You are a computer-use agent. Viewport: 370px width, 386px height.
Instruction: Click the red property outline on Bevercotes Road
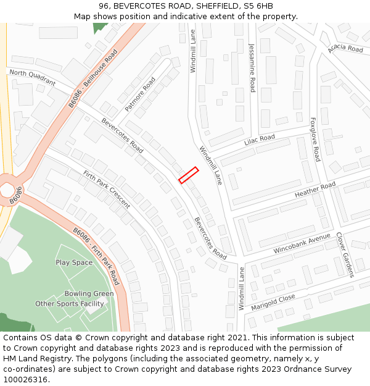(x=189, y=175)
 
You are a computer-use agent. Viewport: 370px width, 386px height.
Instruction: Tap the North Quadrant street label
(x=33, y=78)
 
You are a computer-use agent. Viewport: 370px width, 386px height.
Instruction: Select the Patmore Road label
(x=140, y=94)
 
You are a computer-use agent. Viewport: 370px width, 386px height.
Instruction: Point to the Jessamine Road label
(x=252, y=68)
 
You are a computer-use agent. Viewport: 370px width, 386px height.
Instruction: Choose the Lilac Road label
(x=259, y=139)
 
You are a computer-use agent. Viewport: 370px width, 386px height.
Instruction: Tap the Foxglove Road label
(x=314, y=140)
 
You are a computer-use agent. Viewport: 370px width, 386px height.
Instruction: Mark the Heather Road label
(x=314, y=190)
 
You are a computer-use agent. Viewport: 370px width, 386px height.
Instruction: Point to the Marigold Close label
(x=273, y=302)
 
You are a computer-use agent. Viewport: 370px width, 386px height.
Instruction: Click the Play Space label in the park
(x=74, y=262)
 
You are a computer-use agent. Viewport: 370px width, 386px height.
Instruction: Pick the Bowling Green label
(x=89, y=293)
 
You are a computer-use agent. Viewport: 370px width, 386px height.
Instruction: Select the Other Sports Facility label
(x=70, y=303)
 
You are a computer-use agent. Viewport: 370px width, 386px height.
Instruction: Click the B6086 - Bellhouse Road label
(x=92, y=79)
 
